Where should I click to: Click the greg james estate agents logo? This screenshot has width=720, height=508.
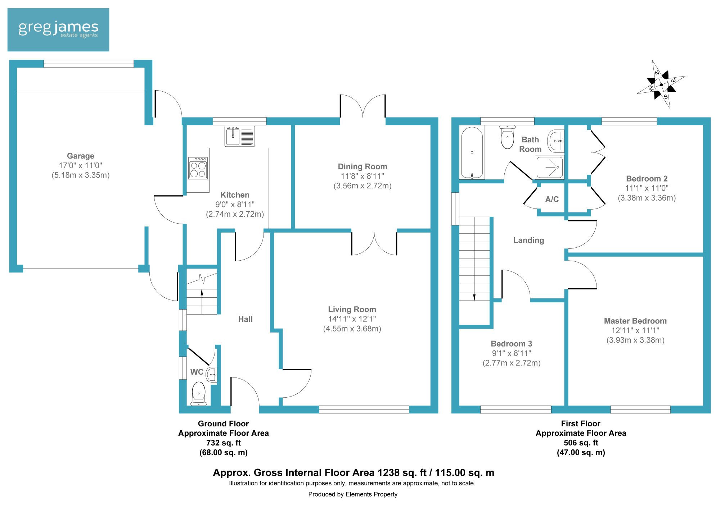[58, 29]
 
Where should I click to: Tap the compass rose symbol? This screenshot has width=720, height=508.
[661, 85]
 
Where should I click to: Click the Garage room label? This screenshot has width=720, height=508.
[81, 156]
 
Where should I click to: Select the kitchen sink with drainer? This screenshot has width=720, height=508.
[240, 136]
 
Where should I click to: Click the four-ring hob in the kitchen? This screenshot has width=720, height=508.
[198, 168]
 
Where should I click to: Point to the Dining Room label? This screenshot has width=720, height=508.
[363, 166]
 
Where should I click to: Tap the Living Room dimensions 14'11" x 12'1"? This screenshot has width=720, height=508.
[352, 319]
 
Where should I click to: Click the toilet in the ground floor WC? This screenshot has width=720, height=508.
[199, 394]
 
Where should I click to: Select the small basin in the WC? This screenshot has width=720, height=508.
[212, 375]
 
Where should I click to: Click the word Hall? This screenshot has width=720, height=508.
[246, 319]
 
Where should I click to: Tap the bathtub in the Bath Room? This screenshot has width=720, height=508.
[472, 152]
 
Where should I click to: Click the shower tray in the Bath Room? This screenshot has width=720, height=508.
[549, 167]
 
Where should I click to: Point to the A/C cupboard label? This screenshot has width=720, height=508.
[552, 199]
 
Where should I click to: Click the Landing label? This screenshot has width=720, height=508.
[528, 240]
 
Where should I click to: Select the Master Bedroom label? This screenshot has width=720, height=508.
[635, 321]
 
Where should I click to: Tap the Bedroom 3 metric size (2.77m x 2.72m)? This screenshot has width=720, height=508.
[512, 363]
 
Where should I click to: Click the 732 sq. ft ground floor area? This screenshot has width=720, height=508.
[224, 443]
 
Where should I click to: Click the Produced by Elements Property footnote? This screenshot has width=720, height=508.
[353, 494]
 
